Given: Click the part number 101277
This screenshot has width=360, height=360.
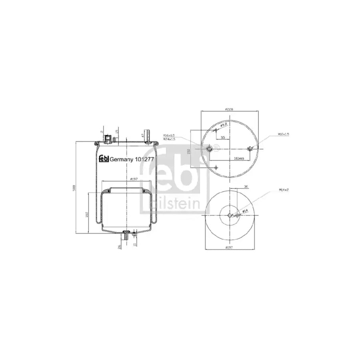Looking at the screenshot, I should (x=144, y=159).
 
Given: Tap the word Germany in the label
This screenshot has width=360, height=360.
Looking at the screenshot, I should (x=122, y=159).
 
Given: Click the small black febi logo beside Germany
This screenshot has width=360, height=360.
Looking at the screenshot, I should (x=104, y=159).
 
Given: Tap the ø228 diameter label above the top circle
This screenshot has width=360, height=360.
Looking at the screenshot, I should (x=229, y=109).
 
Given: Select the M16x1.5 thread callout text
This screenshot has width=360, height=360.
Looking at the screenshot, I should (x=169, y=136).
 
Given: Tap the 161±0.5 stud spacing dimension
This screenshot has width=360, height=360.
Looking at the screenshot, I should (x=239, y=158).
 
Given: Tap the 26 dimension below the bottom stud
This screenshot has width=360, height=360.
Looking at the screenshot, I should (x=119, y=246).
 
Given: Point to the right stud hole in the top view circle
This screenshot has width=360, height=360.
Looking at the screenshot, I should (x=250, y=149).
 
